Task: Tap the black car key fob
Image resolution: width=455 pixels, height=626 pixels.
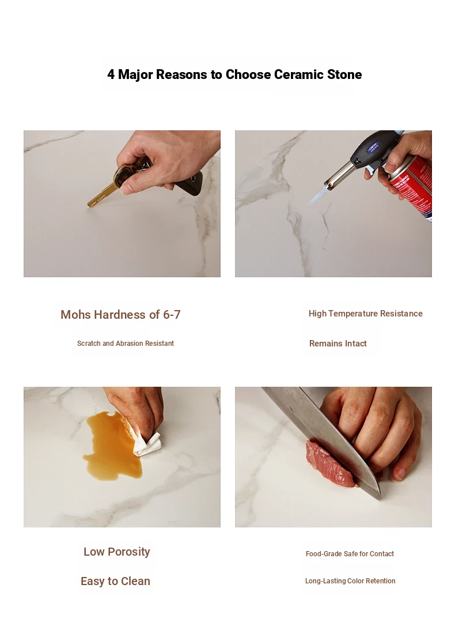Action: click(x=190, y=183)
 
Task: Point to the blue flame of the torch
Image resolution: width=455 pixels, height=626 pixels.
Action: click(x=318, y=195)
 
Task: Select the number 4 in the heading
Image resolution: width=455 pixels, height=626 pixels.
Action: click(x=111, y=75)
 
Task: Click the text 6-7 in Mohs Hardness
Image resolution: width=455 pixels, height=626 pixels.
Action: click(x=172, y=315)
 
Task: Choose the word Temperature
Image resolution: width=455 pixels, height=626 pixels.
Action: click(x=353, y=314)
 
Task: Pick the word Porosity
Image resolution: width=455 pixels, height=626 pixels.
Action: click(x=128, y=552)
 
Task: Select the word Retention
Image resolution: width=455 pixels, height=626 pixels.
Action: click(x=381, y=581)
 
